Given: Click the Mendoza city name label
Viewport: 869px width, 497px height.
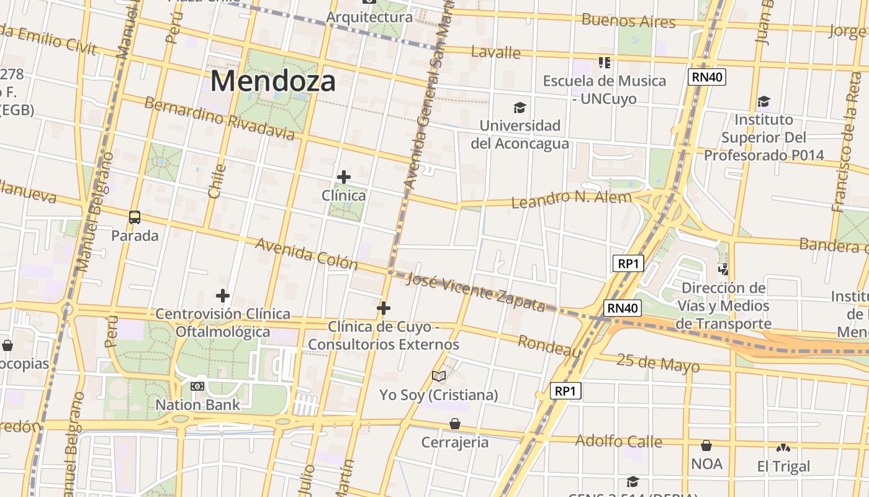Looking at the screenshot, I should tap(273, 81).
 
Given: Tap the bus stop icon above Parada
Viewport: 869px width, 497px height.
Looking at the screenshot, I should tap(135, 217).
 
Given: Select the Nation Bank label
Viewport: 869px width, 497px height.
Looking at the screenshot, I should tap(197, 405).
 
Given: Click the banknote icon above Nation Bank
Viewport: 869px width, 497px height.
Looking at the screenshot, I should tap(197, 386).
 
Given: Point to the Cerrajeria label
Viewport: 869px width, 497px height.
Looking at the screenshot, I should tap(455, 442).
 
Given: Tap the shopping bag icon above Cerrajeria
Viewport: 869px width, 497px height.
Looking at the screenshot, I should tap(455, 424).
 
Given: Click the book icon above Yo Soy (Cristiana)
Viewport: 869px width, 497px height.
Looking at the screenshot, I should tap(439, 376).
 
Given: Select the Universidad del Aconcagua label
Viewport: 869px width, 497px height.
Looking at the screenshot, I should tap(520, 134).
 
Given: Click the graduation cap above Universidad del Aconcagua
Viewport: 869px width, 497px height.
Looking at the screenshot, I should tap(520, 108).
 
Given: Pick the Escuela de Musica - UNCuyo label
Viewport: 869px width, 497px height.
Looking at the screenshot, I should tap(604, 89).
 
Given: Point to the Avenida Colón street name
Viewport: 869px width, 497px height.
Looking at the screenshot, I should tap(306, 253).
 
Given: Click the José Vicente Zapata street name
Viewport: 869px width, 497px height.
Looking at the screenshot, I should tap(475, 292).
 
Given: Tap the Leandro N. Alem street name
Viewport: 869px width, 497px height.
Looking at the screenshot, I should tap(571, 199).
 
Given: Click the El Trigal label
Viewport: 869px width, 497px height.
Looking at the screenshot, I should tap(783, 466).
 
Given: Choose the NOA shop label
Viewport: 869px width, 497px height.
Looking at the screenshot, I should tap(706, 463).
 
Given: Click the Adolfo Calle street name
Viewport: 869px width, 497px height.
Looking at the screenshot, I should tap(619, 441).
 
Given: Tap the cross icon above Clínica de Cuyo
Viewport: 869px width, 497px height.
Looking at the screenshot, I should tap(384, 308).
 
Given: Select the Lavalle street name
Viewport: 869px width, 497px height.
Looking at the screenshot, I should tap(495, 52).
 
